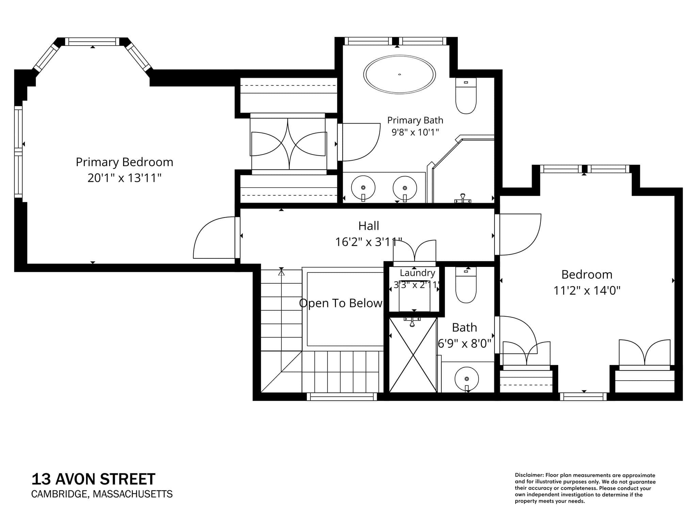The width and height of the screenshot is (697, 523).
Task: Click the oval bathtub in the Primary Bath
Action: pos(399,74)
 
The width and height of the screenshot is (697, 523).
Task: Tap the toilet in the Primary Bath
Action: pos(466,96)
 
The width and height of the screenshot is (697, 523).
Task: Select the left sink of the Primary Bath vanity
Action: pos(363,188)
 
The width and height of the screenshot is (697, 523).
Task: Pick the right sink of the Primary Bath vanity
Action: pos(405,188)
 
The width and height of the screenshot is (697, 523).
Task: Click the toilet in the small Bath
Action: pos(466,285)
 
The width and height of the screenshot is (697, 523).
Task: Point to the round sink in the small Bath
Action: pos(467,379)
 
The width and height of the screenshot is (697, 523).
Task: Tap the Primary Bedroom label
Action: pos(124,162)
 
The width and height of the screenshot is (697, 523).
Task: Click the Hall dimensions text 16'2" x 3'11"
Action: pos(369,242)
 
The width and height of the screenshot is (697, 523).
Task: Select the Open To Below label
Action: pos(341,303)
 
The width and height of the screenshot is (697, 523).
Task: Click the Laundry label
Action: pos(417,273)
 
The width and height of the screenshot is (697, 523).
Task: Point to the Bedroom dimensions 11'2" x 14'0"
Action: pos(587,290)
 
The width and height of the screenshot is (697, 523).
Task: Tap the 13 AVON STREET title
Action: pos(93,479)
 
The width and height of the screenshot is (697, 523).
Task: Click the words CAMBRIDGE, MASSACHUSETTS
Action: pos(102,494)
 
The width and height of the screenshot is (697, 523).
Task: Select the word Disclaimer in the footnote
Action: pos(529,475)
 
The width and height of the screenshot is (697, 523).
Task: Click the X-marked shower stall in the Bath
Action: pos(413,355)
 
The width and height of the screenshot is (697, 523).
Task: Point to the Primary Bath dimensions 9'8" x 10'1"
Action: pos(415,132)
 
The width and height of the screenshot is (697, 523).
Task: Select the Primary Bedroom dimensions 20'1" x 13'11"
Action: pos(124,178)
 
